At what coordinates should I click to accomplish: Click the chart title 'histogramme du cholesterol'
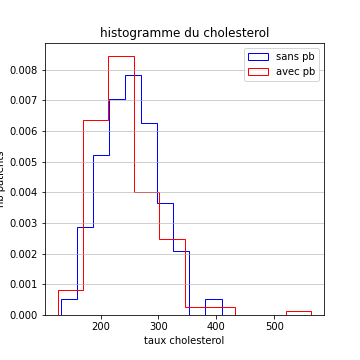(184, 33)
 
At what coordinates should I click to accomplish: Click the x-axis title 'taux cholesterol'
(184, 340)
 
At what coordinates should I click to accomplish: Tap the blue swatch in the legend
(258, 57)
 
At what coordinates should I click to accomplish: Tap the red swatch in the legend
(258, 71)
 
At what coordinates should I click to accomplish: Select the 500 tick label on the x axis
(275, 326)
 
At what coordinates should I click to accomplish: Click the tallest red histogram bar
(121, 180)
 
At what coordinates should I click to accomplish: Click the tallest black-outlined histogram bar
(133, 200)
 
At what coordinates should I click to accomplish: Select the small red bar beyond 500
(298, 313)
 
